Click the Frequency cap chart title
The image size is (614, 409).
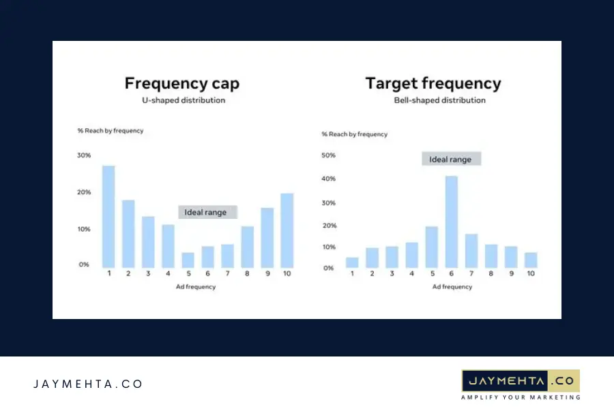pos(181,84)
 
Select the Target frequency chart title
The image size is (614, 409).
pos(433,84)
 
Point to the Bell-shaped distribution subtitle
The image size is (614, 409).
pos(440,100)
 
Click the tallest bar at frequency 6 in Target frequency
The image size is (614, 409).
pos(451,222)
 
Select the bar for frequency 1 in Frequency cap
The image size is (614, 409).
pos(108,217)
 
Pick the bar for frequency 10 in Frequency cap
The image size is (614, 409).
pos(287,230)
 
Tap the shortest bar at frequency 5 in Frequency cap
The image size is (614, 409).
pos(188,260)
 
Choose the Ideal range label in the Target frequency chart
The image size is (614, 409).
pos(450,160)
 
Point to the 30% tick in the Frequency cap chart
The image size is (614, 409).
pos(83,155)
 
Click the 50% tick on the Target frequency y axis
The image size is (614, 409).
pos(328,155)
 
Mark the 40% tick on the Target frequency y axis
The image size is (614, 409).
pos(328,179)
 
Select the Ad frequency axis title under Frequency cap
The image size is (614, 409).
pos(195,287)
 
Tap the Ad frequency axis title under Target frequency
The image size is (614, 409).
pos(452,287)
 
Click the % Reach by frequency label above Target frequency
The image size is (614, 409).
pos(355,134)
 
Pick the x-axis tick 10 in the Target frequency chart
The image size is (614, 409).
pos(531,273)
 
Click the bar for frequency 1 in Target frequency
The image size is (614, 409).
pos(352,262)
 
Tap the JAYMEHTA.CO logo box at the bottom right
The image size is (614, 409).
pos(521,380)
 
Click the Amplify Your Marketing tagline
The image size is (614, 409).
pos(521,397)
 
